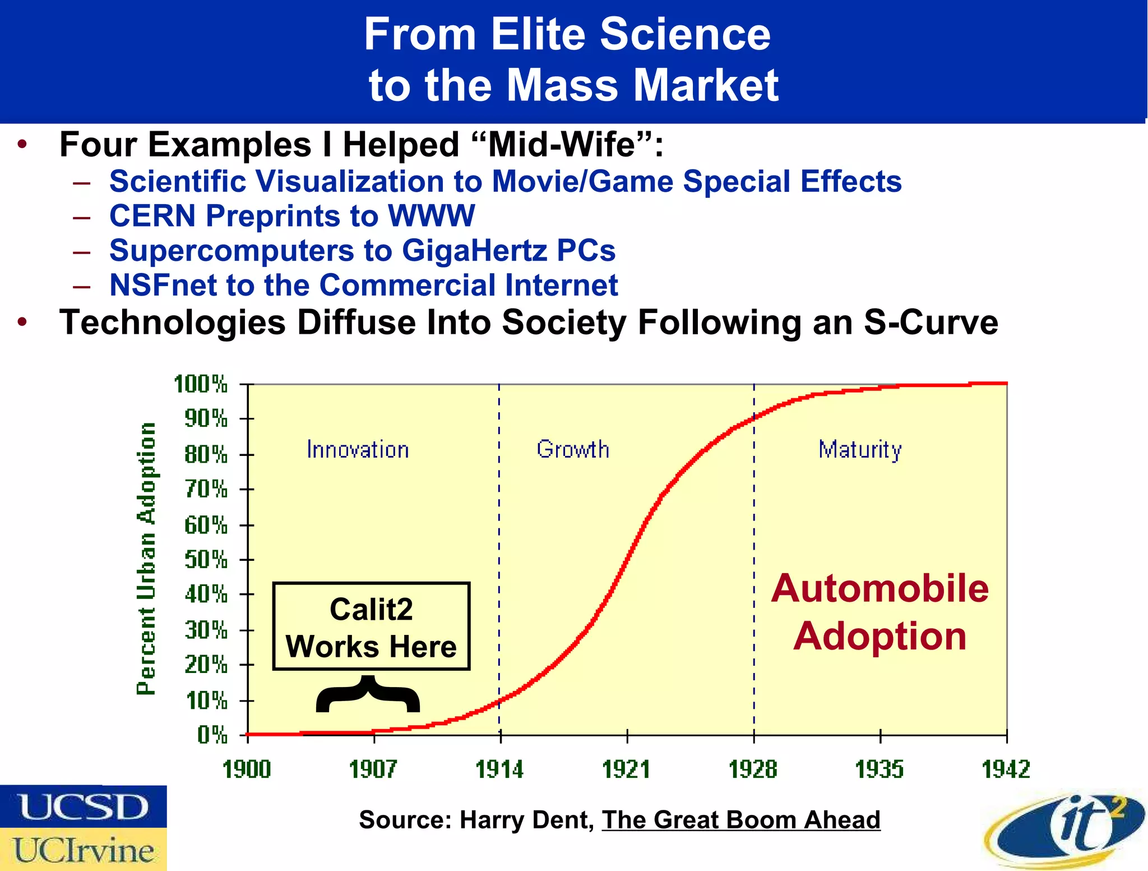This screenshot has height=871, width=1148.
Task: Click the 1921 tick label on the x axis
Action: pyautogui.click(x=626, y=769)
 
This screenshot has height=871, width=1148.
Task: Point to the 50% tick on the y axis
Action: pyautogui.click(x=207, y=560)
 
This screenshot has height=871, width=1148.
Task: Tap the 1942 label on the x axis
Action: pyautogui.click(x=1006, y=769)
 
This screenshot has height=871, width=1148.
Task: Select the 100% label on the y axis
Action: pyautogui.click(x=201, y=385)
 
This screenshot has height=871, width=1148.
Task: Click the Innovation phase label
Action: pyautogui.click(x=358, y=450)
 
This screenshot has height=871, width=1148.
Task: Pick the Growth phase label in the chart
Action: pyautogui.click(x=572, y=449)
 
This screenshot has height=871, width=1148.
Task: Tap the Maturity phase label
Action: pyautogui.click(x=860, y=450)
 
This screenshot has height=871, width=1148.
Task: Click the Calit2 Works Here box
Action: pyautogui.click(x=371, y=626)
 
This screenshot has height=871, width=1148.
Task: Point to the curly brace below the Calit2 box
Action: pyautogui.click(x=368, y=695)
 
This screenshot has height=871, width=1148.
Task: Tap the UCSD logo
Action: pyautogui.click(x=84, y=807)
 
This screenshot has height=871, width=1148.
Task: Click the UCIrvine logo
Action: pyautogui.click(x=84, y=850)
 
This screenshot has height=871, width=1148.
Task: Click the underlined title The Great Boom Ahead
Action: pyautogui.click(x=740, y=820)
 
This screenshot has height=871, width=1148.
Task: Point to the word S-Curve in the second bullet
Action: pyautogui.click(x=931, y=323)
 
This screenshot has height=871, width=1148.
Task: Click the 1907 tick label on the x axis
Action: pyautogui.click(x=373, y=769)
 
